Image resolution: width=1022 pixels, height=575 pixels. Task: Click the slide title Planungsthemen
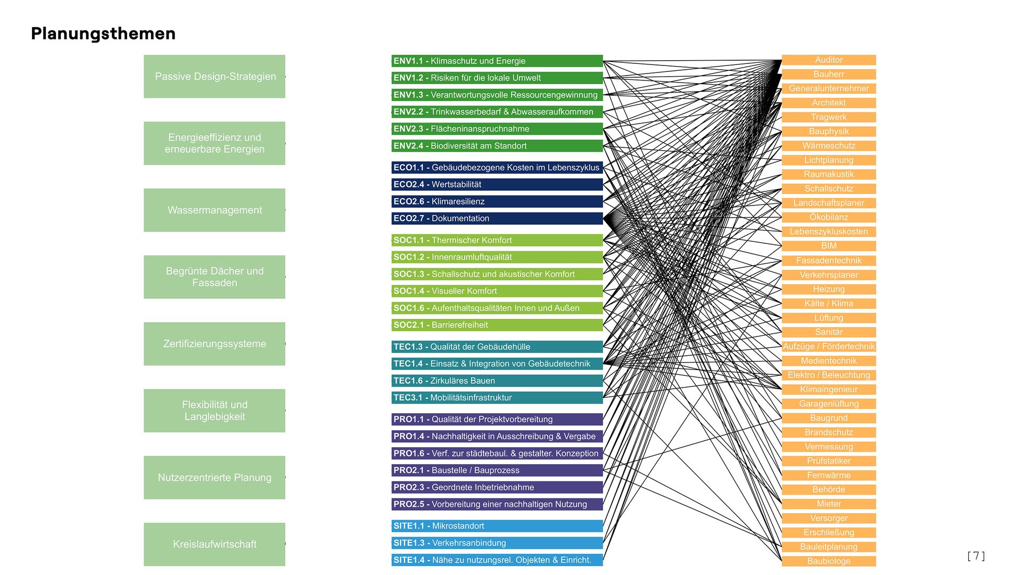(103, 34)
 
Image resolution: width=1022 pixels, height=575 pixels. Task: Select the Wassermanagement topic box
(215, 210)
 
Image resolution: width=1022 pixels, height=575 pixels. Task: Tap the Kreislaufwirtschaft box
(215, 544)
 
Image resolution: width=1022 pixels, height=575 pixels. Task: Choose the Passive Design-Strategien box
(215, 77)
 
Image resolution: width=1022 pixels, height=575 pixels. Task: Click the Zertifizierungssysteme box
(215, 344)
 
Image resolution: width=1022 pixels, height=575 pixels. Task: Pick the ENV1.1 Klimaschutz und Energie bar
(497, 61)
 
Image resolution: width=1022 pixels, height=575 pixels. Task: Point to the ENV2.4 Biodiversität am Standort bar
(497, 146)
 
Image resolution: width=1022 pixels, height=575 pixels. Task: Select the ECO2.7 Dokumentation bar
(497, 218)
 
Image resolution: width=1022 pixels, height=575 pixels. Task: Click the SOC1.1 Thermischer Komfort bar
(497, 240)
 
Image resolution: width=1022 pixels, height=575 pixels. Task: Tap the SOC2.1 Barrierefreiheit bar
(497, 325)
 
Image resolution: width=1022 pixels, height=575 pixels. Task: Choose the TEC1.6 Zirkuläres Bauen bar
(497, 381)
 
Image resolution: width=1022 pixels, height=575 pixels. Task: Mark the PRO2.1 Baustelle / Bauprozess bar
(497, 470)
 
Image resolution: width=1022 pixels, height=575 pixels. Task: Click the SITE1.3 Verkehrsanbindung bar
(497, 543)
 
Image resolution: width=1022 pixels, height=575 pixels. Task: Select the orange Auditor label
(829, 60)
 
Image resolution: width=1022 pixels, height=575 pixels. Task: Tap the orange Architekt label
(829, 103)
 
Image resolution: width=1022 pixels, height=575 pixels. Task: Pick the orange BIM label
(829, 246)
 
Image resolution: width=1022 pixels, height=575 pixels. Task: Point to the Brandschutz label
(829, 432)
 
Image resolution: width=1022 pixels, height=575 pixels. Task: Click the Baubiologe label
(829, 561)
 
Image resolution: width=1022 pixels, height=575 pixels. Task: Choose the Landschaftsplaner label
(829, 203)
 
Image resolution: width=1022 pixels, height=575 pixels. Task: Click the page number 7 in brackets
(976, 556)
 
